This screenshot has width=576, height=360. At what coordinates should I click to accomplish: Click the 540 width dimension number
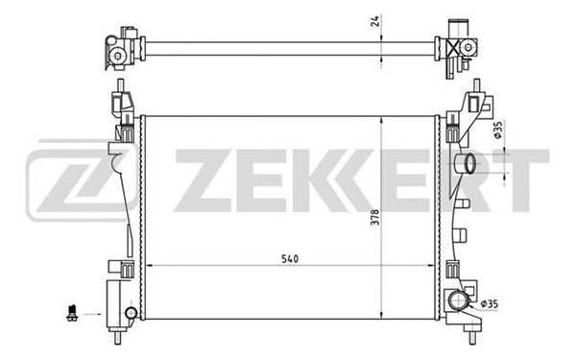[262, 256]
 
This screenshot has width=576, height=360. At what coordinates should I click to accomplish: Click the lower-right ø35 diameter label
[490, 305]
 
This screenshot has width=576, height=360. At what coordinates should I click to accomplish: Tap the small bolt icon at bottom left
[70, 311]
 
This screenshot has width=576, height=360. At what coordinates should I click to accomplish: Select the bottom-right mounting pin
[473, 338]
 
